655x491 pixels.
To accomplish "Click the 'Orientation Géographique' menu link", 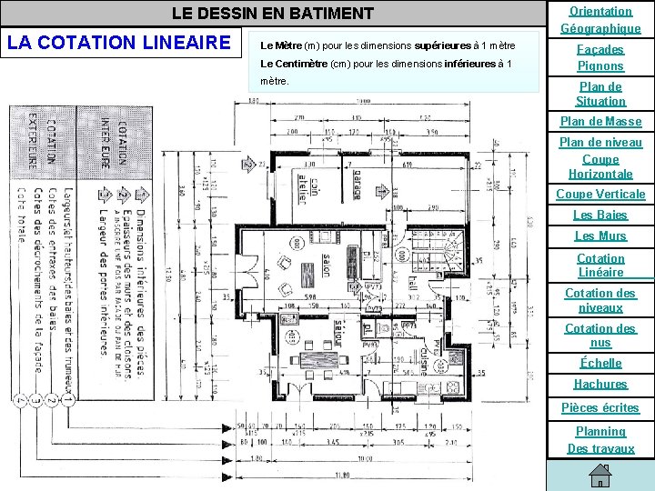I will (x=600, y=19).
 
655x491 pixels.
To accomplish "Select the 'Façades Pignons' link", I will (x=600, y=57).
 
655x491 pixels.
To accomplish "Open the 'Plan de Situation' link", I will (x=600, y=94).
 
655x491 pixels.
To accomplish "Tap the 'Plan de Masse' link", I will (x=600, y=121).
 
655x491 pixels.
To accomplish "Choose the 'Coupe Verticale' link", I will (x=600, y=194).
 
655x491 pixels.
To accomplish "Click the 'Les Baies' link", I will (x=600, y=215).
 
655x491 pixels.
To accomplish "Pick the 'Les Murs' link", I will (x=600, y=235).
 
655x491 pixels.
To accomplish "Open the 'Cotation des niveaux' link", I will (x=600, y=300).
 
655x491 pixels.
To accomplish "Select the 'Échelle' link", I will (x=600, y=363).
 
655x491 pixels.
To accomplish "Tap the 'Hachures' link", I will (x=600, y=384).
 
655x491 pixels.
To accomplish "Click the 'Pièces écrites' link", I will (x=600, y=407).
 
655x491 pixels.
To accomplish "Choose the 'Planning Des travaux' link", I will (x=600, y=439).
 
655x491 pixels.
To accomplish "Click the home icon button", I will (x=600, y=476).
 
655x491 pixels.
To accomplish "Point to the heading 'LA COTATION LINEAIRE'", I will (x=118, y=42).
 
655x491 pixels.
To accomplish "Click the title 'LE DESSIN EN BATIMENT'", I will (x=273, y=14).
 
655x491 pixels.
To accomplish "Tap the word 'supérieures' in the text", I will (x=443, y=45).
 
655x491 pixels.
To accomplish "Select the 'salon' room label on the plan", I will (x=326, y=266).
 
